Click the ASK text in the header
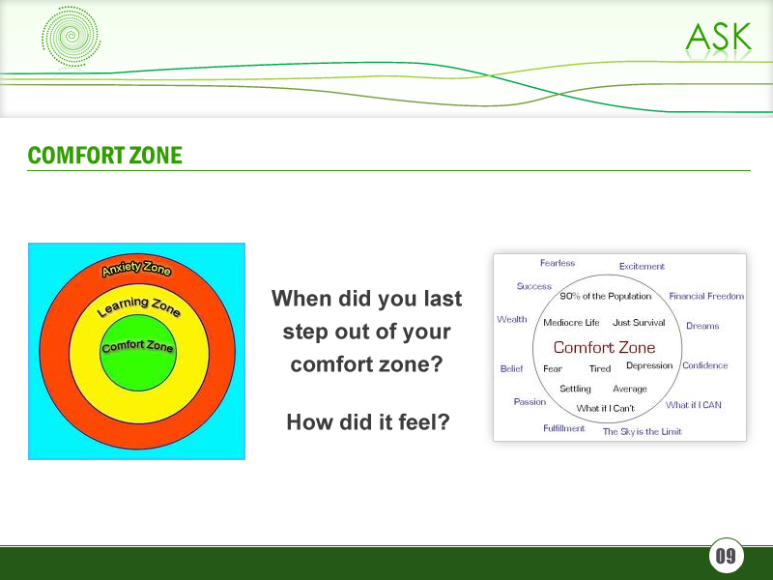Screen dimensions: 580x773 coord(718,37)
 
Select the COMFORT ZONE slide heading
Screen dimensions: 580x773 coord(104,156)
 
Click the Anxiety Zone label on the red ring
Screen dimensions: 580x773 coord(136,269)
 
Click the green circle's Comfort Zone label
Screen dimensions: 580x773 coord(137,345)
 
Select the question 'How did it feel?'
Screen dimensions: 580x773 coord(367,422)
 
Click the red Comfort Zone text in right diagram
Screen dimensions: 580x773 coord(604,348)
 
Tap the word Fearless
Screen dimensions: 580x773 coord(558,263)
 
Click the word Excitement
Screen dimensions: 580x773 coord(642,267)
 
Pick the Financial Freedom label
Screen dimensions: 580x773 coord(706,296)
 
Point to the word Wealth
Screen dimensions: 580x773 coord(512,319)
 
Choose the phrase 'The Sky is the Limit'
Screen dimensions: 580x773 coord(642,432)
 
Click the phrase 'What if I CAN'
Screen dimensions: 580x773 coord(693,405)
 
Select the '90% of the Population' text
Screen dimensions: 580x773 coord(606,297)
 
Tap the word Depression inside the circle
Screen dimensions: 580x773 coord(649,366)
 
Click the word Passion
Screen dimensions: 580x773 coord(530,401)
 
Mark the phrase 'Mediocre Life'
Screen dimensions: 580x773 coord(571,323)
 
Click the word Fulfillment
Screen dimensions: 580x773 coord(563,428)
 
